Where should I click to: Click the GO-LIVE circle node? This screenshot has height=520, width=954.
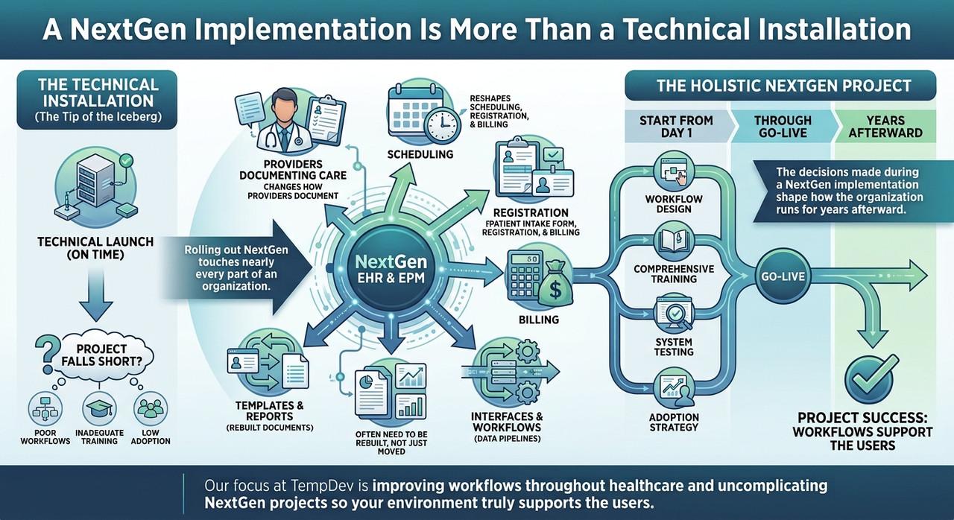[x=783, y=276]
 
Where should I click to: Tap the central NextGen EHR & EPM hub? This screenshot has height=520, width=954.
[x=391, y=269]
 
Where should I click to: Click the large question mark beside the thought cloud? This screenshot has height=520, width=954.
[x=46, y=354]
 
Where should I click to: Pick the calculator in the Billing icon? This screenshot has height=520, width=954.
[x=523, y=274]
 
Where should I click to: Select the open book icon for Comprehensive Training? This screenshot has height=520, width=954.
[x=674, y=241]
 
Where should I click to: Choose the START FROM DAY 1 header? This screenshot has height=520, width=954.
[x=676, y=127]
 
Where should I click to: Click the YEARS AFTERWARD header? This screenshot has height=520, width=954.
[x=885, y=127]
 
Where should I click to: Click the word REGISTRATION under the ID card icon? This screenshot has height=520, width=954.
[x=531, y=213]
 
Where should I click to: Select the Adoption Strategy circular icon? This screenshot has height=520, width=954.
[x=674, y=389]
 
